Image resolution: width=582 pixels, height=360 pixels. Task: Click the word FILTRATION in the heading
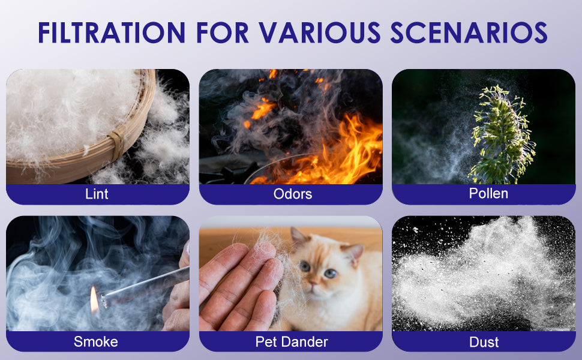pos(112,32)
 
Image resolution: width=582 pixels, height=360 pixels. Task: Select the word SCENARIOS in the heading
pos(469,32)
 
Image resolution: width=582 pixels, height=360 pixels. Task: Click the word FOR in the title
pos(222,32)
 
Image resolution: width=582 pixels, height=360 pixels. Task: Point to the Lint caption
pos(97,194)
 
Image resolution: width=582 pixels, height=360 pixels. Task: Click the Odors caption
pos(292,194)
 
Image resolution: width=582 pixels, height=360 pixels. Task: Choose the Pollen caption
pos(488,193)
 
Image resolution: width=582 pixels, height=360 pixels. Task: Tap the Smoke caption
pos(96,341)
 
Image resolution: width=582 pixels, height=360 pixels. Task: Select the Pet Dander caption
pos(292,341)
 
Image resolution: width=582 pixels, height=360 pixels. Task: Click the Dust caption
pos(484,342)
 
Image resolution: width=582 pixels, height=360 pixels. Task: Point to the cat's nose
pos(313,283)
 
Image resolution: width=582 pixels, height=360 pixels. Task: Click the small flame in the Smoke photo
pos(94,300)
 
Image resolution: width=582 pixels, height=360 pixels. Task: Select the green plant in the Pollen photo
pos(501,136)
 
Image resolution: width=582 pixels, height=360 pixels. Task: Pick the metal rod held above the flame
pos(145,286)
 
